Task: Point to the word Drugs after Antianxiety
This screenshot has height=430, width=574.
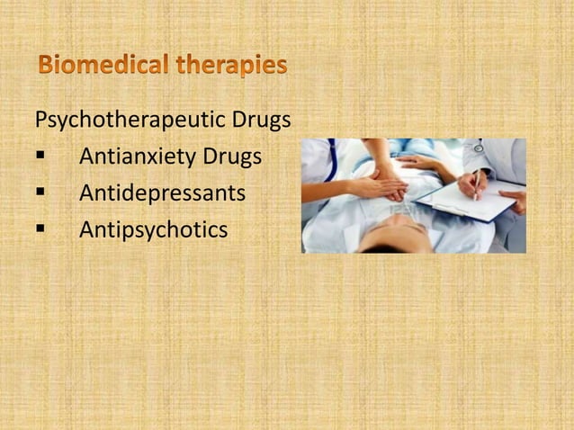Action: point(232,157)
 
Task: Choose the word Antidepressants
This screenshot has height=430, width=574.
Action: point(162,193)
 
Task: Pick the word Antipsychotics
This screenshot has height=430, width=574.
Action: point(153,230)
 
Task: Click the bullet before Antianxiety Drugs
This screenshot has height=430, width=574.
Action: point(40,157)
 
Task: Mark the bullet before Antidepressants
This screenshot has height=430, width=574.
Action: point(40,194)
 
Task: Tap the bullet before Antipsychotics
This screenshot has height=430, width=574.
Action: point(40,231)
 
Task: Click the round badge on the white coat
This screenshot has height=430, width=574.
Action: point(479,148)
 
